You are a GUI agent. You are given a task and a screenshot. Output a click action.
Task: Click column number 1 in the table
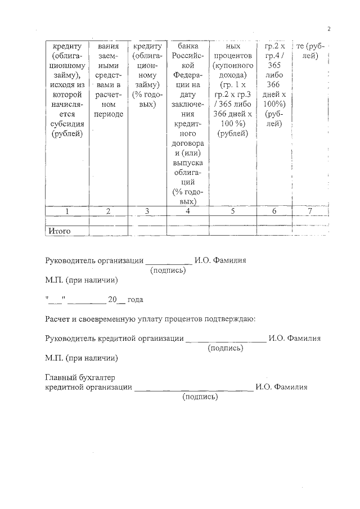(x=67, y=211)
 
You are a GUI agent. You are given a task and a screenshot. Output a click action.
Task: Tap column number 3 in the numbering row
(x=147, y=211)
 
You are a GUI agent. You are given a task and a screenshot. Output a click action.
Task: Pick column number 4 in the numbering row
(x=188, y=211)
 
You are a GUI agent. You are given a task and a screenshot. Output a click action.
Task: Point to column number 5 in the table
(x=233, y=211)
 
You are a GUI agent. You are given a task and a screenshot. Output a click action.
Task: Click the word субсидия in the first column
(x=67, y=123)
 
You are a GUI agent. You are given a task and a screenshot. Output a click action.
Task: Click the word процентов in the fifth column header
(x=233, y=57)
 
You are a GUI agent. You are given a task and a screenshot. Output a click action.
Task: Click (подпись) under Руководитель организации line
(x=169, y=271)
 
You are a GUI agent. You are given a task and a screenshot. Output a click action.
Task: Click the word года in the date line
(x=136, y=300)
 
